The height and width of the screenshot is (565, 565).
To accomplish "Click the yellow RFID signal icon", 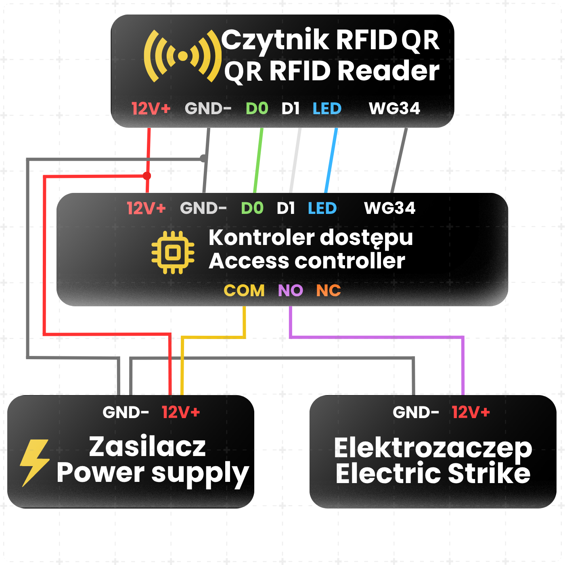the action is [x=182, y=56].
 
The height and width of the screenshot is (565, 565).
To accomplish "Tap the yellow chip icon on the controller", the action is [x=173, y=252].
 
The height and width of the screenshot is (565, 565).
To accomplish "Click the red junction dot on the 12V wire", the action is [x=147, y=176].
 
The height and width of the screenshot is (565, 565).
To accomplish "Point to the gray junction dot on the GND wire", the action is [x=203, y=158].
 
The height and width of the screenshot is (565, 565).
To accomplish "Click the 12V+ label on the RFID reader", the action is [x=151, y=109].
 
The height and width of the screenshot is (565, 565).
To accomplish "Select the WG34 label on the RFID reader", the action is [x=394, y=109].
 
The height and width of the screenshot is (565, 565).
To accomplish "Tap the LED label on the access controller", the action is [x=322, y=208].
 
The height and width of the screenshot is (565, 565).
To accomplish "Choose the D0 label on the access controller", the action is [x=252, y=208].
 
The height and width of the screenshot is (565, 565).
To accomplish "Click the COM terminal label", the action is [x=244, y=291].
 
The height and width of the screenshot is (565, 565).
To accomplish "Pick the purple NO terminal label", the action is [x=290, y=291].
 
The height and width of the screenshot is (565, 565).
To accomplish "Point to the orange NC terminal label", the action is [x=329, y=291].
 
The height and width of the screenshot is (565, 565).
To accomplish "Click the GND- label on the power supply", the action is [x=126, y=412].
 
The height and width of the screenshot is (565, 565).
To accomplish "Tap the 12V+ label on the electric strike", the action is [x=471, y=412].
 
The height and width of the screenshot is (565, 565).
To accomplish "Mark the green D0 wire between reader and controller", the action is [x=258, y=160].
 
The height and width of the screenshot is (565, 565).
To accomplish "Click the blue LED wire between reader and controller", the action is [x=331, y=160].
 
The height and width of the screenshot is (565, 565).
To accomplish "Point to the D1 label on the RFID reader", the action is [x=290, y=109].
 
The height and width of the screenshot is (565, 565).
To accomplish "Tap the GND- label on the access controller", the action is [x=203, y=208].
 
